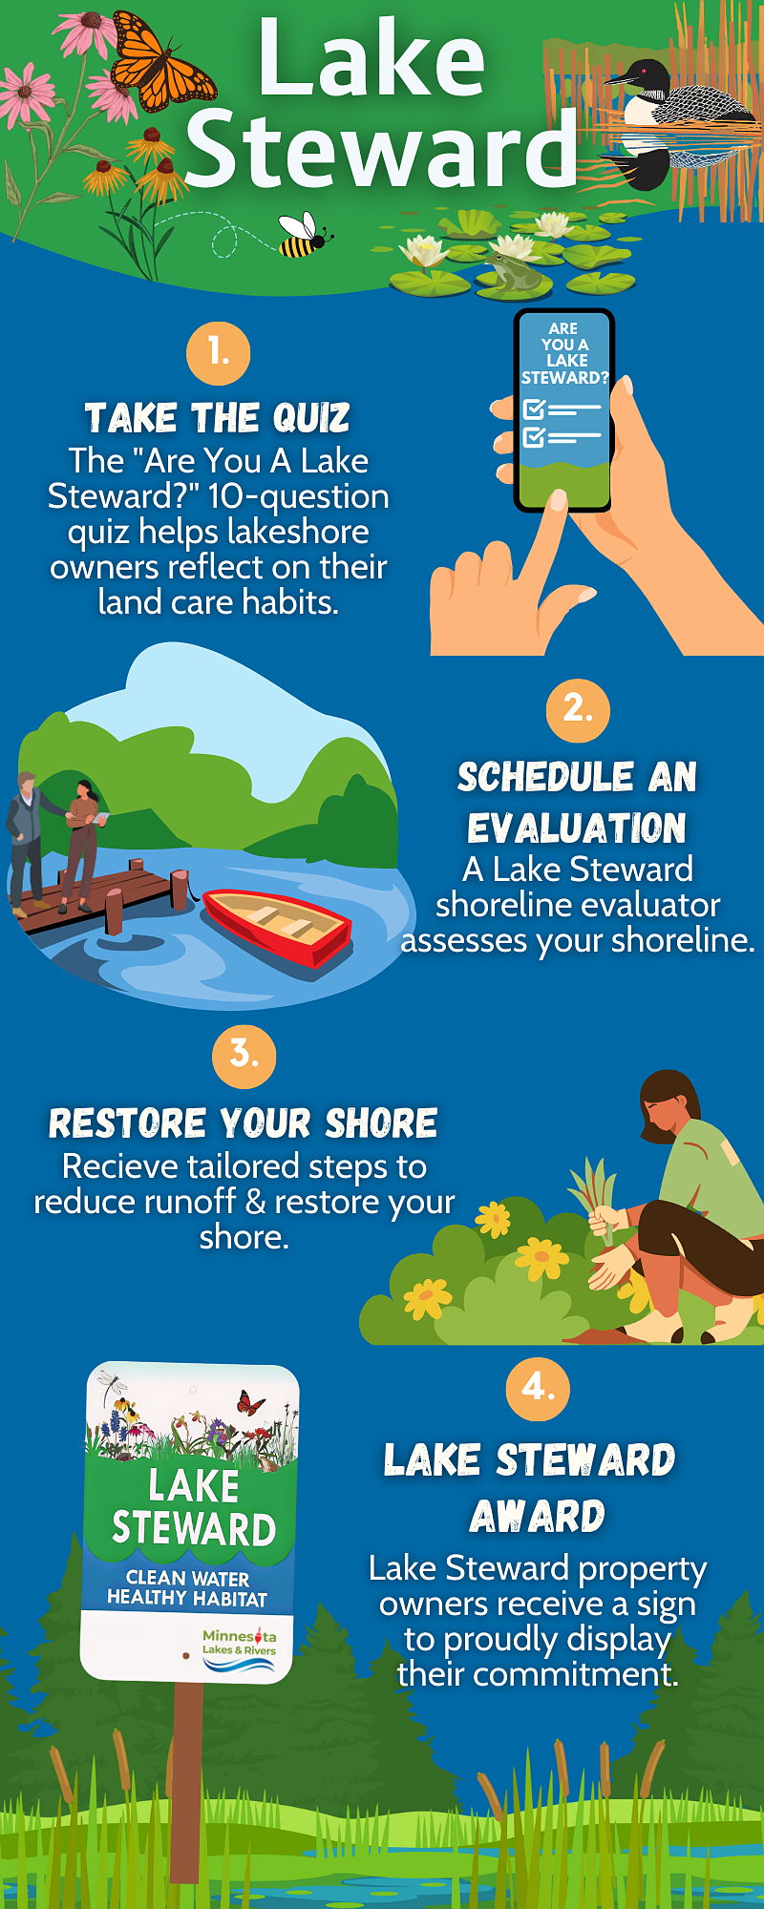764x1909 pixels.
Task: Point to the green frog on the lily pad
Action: [x=513, y=272]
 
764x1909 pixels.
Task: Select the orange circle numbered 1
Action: [x=218, y=353]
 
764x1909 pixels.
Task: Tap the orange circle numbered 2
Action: [x=578, y=710]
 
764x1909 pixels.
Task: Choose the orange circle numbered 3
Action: [x=244, y=1057]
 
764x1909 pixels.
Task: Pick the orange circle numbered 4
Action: [x=538, y=1389]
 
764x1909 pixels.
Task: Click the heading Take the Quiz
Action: [x=218, y=418]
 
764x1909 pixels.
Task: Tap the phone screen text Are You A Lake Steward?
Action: [x=563, y=353]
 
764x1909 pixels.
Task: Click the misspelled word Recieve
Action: [x=118, y=1166]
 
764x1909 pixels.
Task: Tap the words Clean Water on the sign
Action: [x=188, y=1579]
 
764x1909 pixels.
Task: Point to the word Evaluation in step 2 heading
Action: [x=577, y=828]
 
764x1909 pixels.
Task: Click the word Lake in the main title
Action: [x=371, y=59]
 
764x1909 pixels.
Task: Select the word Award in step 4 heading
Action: [x=538, y=1516]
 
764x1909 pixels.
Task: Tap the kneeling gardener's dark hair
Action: [x=667, y=1098]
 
